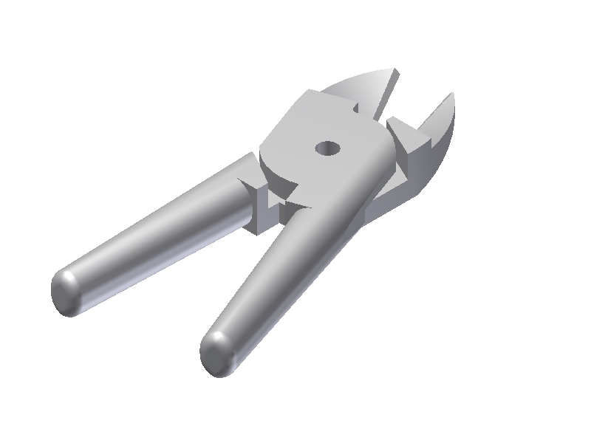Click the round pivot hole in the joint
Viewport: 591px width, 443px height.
coord(326,148)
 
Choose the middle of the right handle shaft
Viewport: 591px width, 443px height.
coord(288,273)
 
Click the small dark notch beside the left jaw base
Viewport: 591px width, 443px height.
coord(356,108)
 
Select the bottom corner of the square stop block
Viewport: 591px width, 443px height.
coord(256,232)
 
